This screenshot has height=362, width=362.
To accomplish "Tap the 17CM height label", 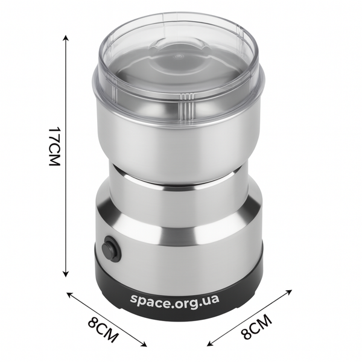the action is pos(55,146).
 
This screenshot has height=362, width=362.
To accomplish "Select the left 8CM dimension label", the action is pos(103,329).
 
